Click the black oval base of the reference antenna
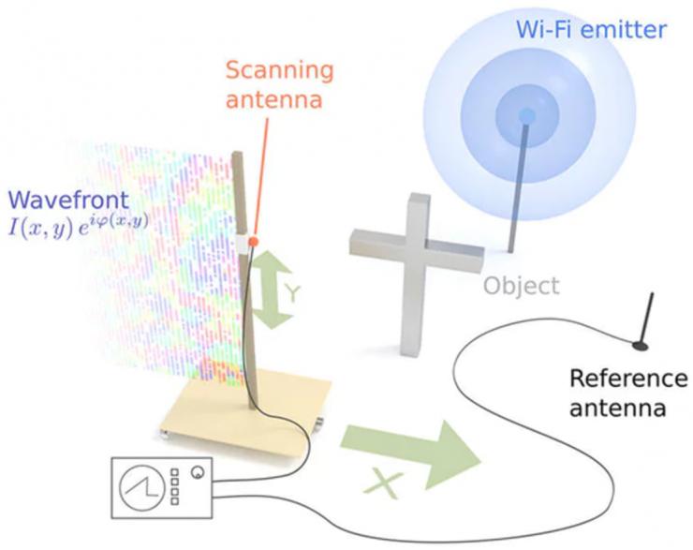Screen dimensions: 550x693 tap(640, 346)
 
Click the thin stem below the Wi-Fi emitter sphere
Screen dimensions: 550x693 tap(518, 187)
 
